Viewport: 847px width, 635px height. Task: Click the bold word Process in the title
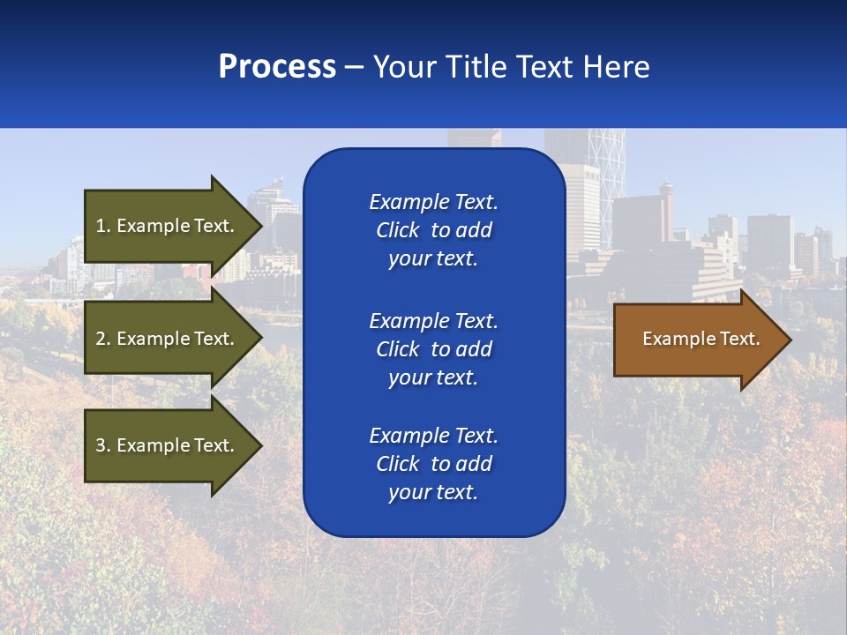[277, 67]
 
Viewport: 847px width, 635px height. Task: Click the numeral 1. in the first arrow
[102, 226]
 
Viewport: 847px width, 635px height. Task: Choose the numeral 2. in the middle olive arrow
[102, 339]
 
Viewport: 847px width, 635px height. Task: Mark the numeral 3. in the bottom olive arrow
[102, 445]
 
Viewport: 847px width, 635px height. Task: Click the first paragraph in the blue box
[433, 230]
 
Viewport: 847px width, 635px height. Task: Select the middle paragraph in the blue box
[433, 349]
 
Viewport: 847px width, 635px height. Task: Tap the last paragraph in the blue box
[433, 464]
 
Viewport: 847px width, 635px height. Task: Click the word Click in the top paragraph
[397, 230]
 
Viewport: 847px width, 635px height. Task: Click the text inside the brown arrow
[701, 339]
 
